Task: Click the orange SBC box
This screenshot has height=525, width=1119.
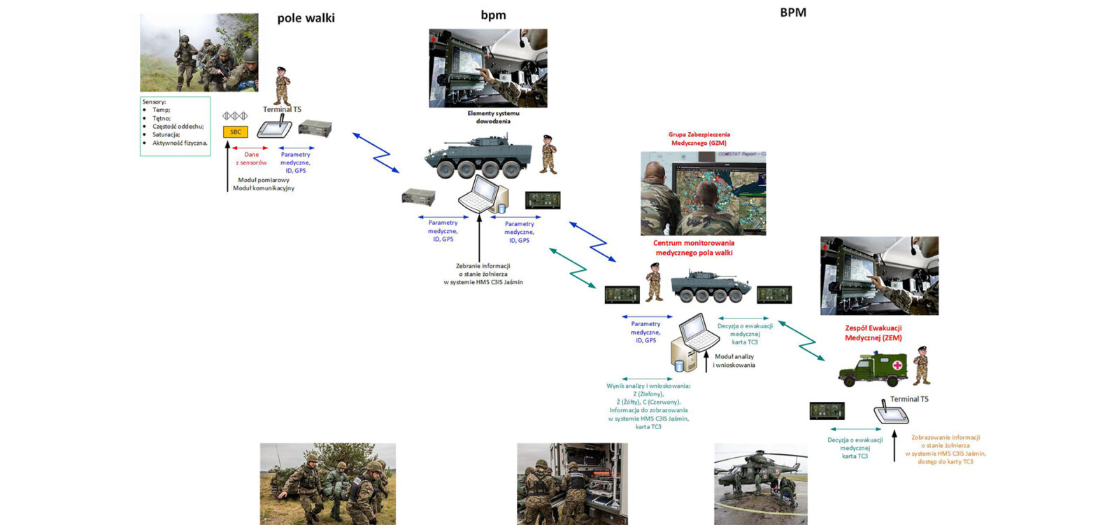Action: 235,132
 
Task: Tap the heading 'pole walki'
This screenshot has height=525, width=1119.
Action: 306,18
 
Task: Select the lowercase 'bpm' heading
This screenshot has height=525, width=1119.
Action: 493,15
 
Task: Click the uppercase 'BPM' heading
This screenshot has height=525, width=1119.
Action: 793,13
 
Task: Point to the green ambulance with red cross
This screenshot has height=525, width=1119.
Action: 872,369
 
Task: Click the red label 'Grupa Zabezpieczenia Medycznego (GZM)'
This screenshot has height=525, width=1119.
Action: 699,139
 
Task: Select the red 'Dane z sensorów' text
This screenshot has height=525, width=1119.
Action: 251,159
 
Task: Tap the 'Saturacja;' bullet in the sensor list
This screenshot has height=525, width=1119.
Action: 166,134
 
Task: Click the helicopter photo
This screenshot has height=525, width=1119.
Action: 760,483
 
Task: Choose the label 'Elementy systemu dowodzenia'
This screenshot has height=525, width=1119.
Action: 493,117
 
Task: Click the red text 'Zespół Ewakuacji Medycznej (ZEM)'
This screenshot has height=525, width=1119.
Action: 873,332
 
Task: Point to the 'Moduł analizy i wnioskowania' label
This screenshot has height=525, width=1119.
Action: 734,360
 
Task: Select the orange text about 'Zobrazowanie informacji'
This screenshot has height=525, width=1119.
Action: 945,449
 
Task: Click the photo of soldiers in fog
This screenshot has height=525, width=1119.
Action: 199,52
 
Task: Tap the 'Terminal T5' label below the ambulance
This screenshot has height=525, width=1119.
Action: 909,399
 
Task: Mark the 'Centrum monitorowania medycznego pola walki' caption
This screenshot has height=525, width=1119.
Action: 694,248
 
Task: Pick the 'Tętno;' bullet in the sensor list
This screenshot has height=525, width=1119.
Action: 162,118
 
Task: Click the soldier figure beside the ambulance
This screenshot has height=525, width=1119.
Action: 921,365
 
